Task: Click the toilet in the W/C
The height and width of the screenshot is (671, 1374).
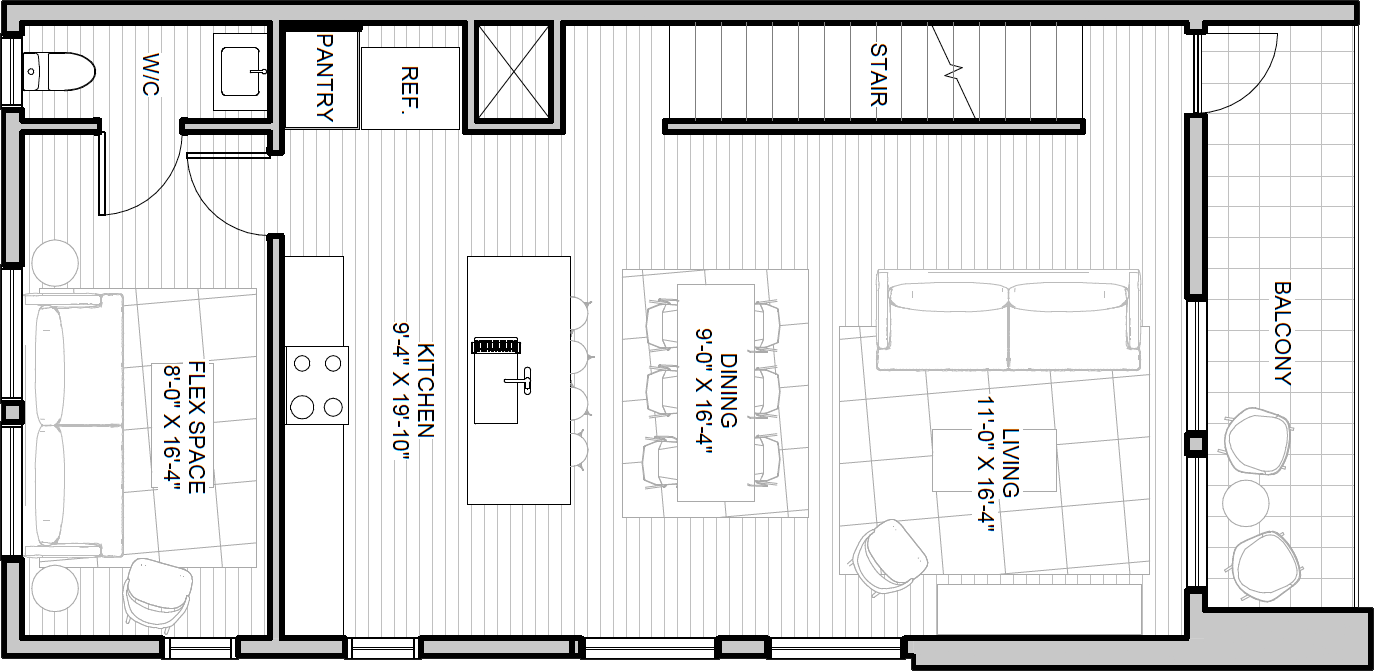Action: coord(59,72)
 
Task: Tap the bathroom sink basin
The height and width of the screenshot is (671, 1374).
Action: coord(244,72)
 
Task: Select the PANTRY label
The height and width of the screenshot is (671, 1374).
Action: coord(324,77)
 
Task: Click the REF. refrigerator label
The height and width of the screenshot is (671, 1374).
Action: coord(409,88)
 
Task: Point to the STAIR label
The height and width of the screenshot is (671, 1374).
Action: coord(878,75)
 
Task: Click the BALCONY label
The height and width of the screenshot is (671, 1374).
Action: coord(1283,333)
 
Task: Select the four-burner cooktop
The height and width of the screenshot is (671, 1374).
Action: coord(317,385)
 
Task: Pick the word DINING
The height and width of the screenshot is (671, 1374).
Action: coord(728,390)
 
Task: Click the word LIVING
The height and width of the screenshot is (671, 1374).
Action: coord(1010,462)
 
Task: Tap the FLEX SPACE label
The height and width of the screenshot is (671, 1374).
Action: coord(196,427)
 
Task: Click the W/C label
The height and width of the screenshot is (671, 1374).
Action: coord(150,74)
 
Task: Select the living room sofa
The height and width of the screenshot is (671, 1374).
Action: coord(1008,320)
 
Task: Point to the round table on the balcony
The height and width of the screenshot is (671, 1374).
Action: coord(1245,503)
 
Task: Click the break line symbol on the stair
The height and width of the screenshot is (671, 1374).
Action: coord(953,72)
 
